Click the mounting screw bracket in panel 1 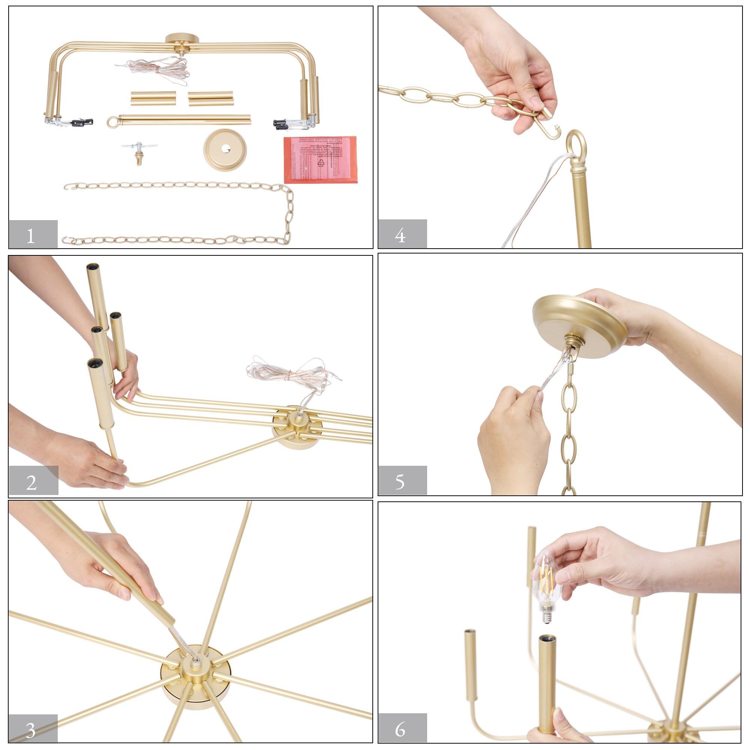pyautogui.click(x=138, y=151)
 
